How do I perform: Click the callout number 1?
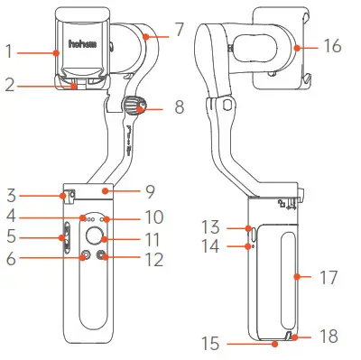[x=10, y=52]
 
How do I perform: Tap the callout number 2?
[x=10, y=87]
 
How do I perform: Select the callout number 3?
[x=10, y=193]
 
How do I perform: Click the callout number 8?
[x=179, y=106]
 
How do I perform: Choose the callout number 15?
[x=210, y=343]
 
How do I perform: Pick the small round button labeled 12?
[x=104, y=257]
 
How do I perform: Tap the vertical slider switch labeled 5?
[x=65, y=238]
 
